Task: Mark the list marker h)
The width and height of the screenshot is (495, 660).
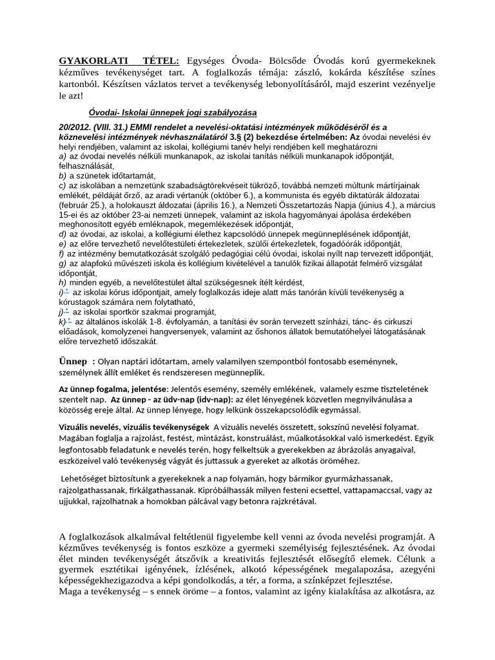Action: (62, 282)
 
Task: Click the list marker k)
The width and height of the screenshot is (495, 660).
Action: (62, 321)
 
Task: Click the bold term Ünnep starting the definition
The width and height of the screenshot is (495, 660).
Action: (73, 360)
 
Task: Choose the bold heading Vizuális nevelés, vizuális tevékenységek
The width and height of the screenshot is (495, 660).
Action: (133, 427)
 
